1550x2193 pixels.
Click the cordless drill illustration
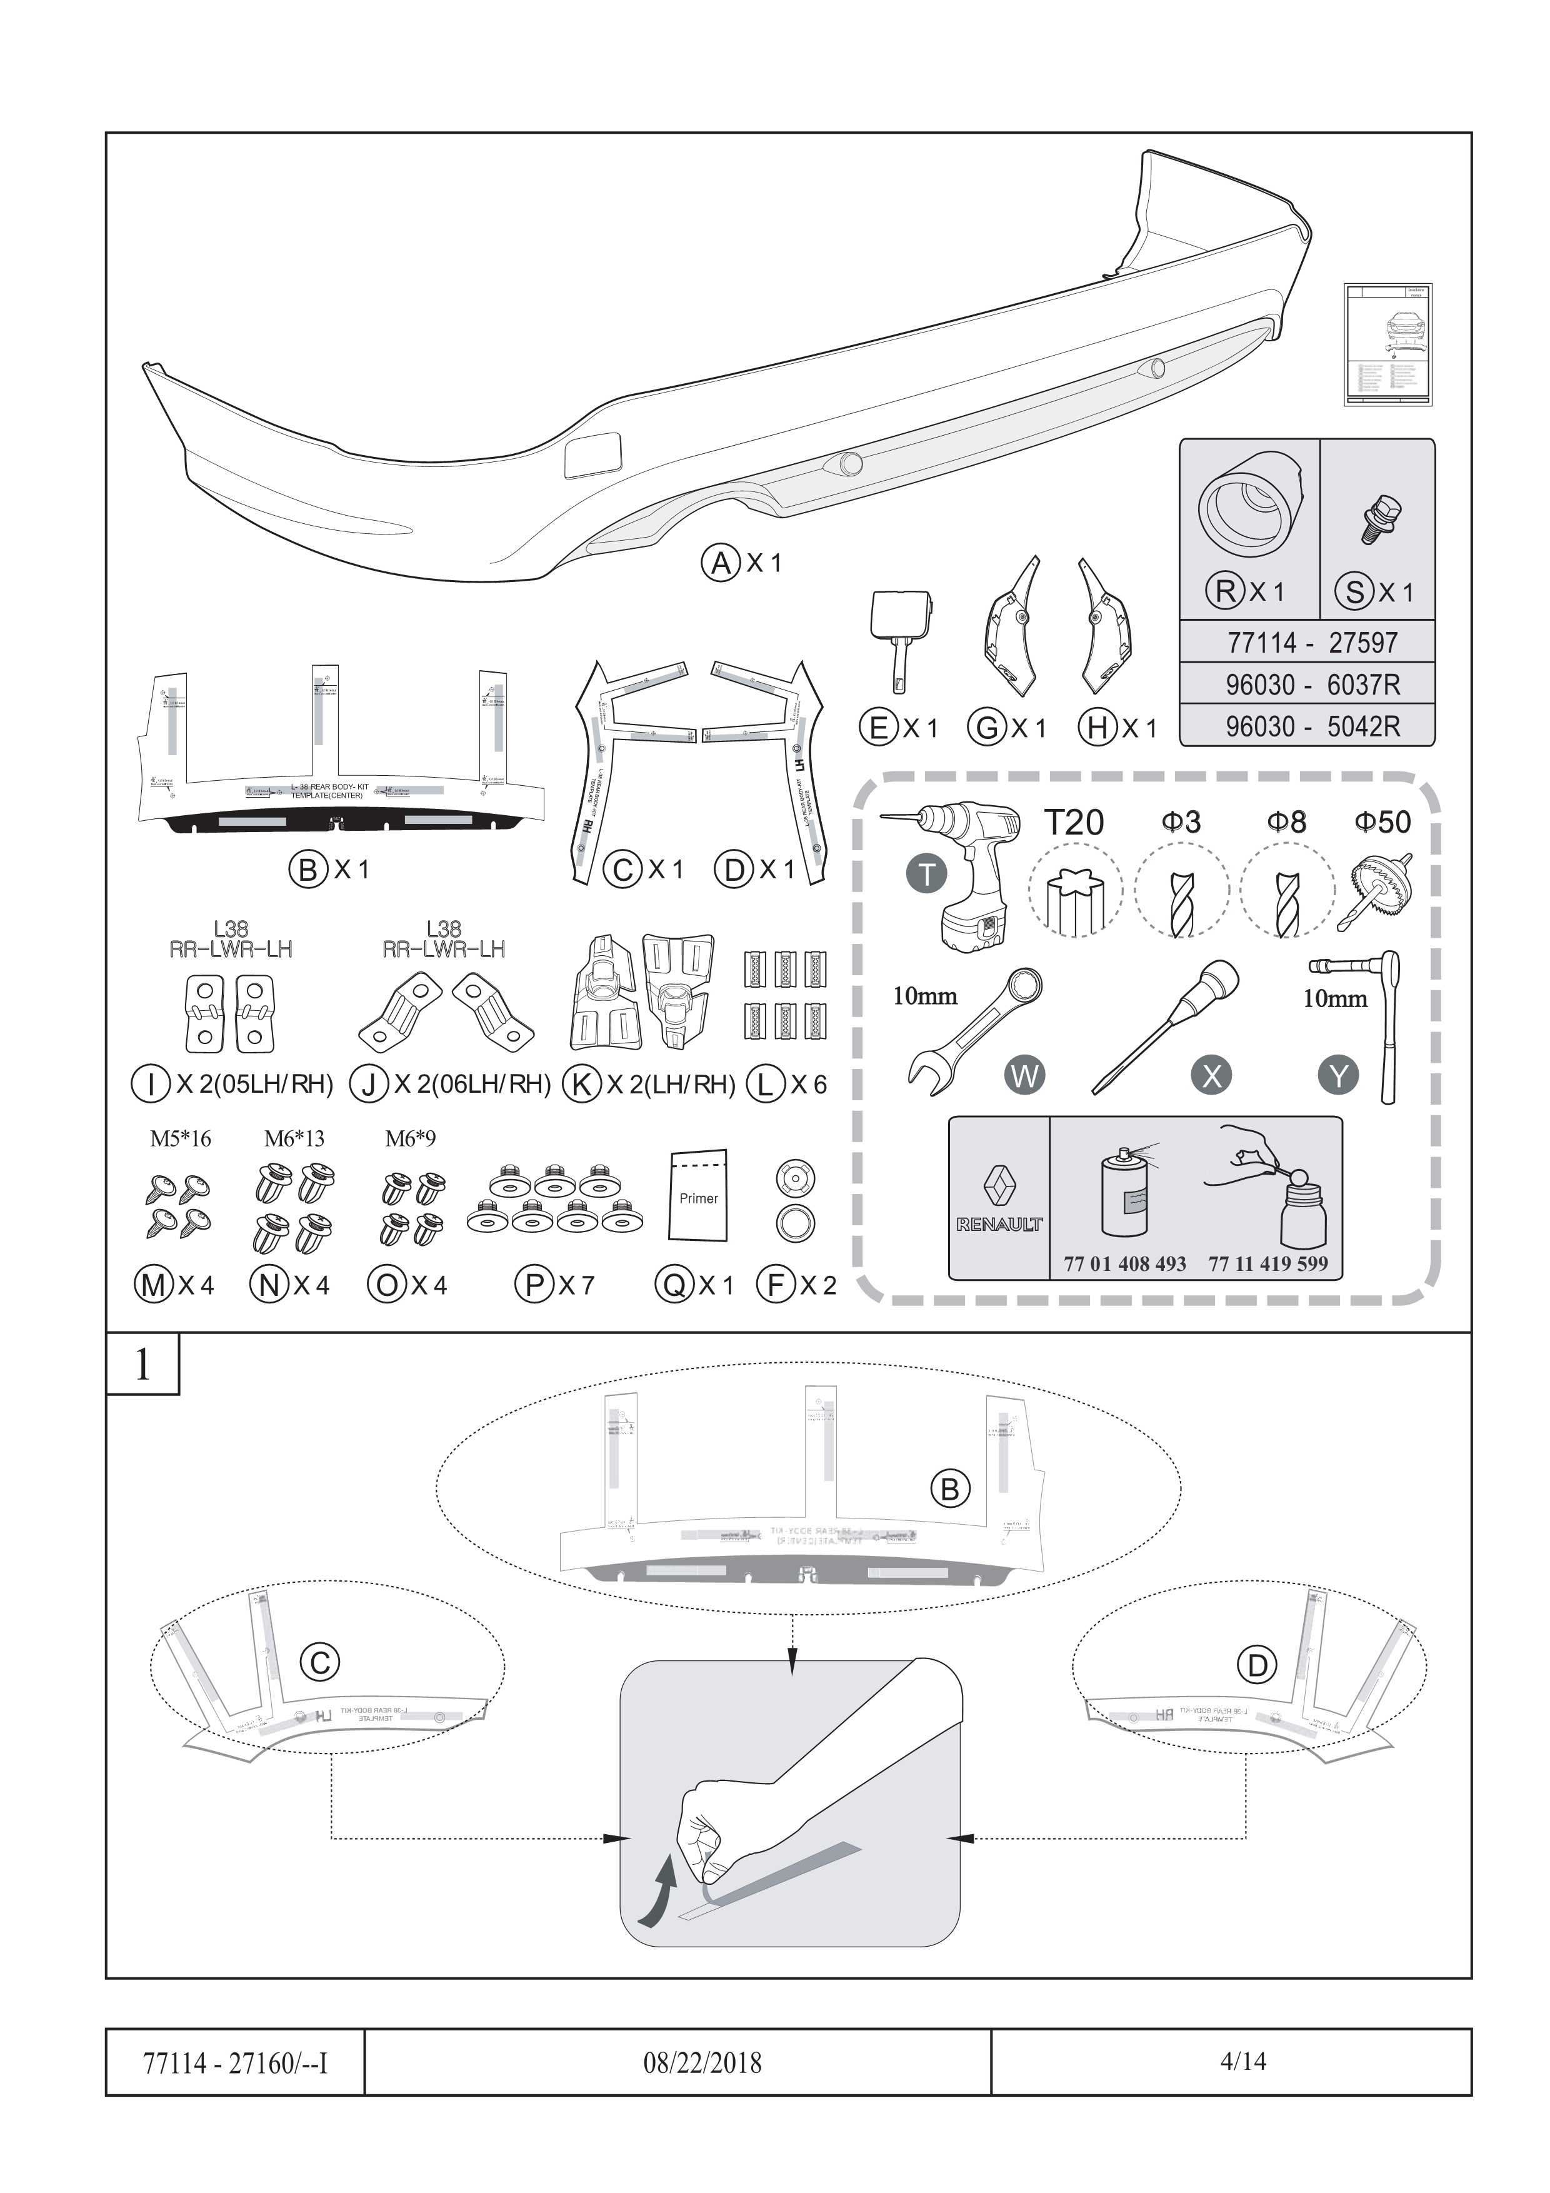click(x=960, y=869)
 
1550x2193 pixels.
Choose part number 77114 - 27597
click(x=1306, y=643)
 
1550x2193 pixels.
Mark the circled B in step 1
click(x=949, y=1489)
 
